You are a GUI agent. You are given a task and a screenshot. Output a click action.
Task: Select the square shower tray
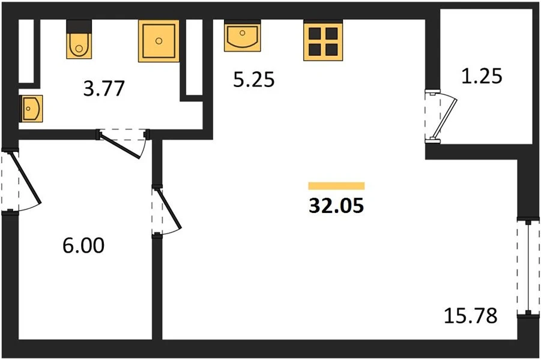159,41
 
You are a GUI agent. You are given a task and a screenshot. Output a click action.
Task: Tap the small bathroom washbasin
32,109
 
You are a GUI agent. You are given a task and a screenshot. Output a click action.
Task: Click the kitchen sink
242,36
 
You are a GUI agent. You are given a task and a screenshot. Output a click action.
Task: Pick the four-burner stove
323,41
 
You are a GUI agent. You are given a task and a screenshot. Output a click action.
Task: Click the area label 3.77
104,88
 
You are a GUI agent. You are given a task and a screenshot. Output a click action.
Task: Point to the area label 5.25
254,79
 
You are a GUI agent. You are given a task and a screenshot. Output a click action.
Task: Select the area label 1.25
482,76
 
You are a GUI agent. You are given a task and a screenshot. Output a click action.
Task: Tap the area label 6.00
83,245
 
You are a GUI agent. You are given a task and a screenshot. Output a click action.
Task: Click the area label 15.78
471,316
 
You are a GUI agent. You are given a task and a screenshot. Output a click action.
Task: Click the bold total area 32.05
336,206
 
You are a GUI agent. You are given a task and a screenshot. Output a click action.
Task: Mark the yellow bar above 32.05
336,186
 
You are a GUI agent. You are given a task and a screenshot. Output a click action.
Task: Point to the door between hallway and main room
166,211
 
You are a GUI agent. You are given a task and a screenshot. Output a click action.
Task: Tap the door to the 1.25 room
441,116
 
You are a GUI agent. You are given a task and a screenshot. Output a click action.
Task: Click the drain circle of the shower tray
159,41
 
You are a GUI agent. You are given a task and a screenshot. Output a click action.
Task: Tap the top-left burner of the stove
315,34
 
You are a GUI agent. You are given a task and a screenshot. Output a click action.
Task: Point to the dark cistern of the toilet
79,26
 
